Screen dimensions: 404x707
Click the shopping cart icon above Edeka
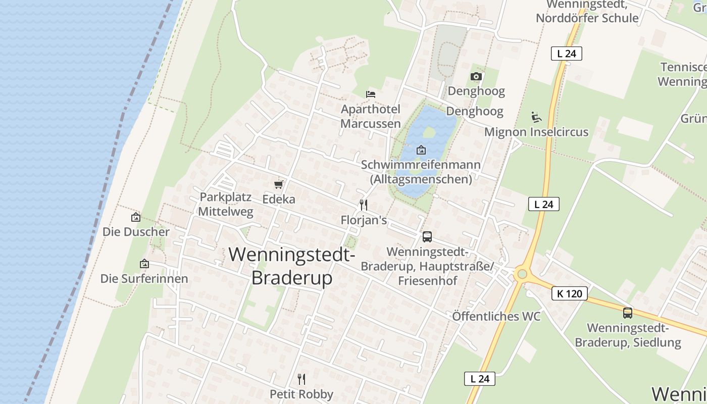(x=278, y=184)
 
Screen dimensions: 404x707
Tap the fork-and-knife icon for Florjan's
(x=363, y=205)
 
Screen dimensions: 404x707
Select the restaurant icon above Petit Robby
(x=301, y=379)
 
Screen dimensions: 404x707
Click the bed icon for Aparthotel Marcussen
(x=371, y=94)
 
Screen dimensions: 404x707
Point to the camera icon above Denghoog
(x=476, y=77)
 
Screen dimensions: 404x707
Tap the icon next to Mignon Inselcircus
(x=536, y=117)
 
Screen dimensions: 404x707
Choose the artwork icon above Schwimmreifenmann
(x=421, y=150)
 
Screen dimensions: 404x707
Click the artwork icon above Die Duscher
(x=135, y=217)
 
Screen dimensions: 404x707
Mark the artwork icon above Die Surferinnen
(x=144, y=264)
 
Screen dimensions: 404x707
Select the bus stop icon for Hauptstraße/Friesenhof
(x=427, y=236)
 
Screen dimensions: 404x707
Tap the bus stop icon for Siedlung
(x=627, y=313)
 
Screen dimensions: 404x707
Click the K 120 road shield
(x=570, y=293)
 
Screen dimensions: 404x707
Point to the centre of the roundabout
(x=522, y=274)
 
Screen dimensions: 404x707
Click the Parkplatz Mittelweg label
(x=225, y=205)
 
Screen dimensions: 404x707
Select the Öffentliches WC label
(x=496, y=317)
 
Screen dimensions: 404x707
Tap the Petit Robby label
(x=301, y=394)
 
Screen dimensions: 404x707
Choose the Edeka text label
(x=279, y=199)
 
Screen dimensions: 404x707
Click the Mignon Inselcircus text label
(x=536, y=132)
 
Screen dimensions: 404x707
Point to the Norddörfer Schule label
(x=587, y=19)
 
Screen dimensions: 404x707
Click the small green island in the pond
(x=429, y=132)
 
